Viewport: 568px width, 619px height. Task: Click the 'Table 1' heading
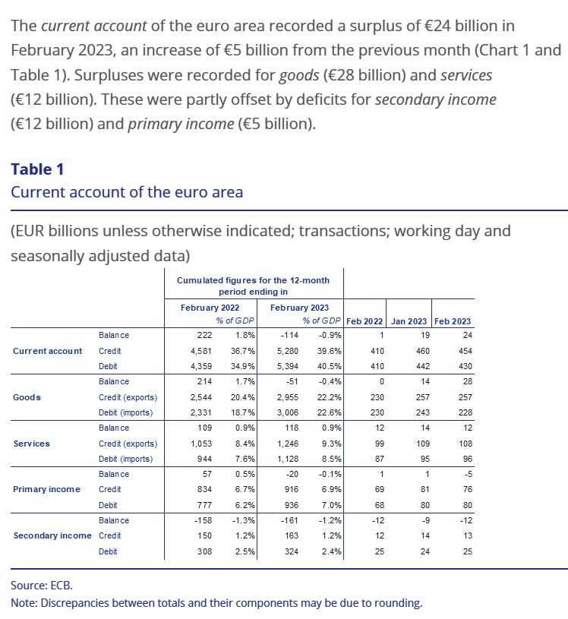pos(43,168)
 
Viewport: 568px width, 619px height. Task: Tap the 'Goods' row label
pos(27,397)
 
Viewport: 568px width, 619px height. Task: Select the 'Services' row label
pos(32,444)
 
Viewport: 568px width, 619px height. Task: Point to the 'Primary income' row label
pos(46,490)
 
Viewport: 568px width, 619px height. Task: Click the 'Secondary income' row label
pos(52,536)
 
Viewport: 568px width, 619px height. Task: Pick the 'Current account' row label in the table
pos(48,351)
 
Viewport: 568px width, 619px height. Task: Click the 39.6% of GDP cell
pos(325,351)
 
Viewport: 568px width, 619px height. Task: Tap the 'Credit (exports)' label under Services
pos(128,444)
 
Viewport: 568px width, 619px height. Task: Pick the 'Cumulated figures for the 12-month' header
pos(253,280)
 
